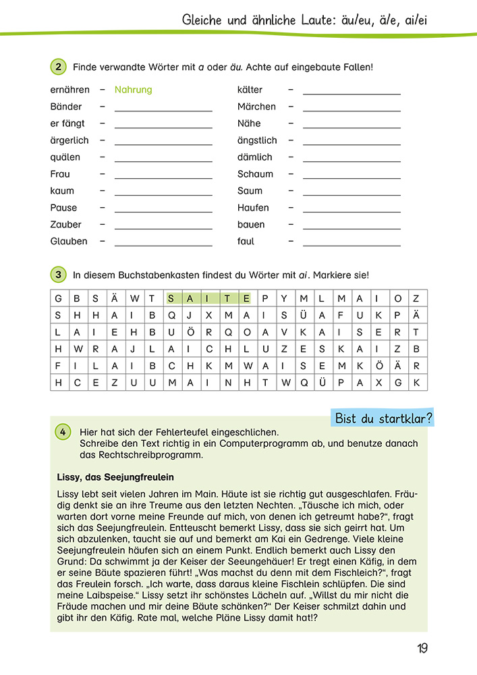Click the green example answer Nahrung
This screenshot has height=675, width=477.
(133, 90)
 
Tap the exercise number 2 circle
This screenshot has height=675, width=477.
(59, 67)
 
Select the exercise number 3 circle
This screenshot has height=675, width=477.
(59, 275)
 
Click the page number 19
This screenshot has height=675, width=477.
(422, 649)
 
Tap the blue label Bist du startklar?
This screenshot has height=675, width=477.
(384, 418)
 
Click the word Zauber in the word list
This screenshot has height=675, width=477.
(65, 225)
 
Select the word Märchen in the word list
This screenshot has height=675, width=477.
(256, 107)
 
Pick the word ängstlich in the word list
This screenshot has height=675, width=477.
(257, 140)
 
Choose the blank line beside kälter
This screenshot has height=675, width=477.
(352, 92)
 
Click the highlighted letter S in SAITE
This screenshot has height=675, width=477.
(172, 298)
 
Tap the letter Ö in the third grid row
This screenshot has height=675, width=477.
(190, 332)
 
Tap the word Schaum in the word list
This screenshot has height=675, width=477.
(255, 174)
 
